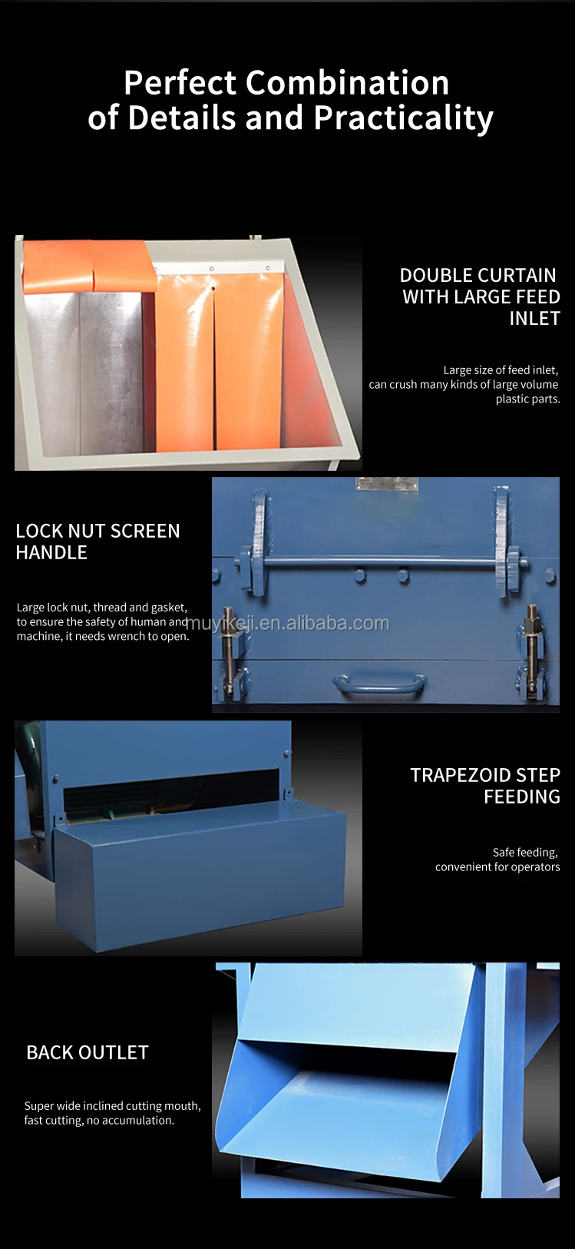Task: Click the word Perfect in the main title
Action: (179, 83)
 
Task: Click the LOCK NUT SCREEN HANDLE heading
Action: (97, 542)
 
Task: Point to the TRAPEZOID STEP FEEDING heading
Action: (484, 786)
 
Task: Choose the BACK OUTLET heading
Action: (88, 1052)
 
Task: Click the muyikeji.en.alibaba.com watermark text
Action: (288, 623)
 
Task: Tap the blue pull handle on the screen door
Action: (379, 682)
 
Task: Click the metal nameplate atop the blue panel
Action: (386, 484)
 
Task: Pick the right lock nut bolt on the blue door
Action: (531, 645)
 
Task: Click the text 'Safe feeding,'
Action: (525, 852)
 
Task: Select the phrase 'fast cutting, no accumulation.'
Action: (99, 1120)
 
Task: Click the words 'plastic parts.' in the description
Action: (527, 399)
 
